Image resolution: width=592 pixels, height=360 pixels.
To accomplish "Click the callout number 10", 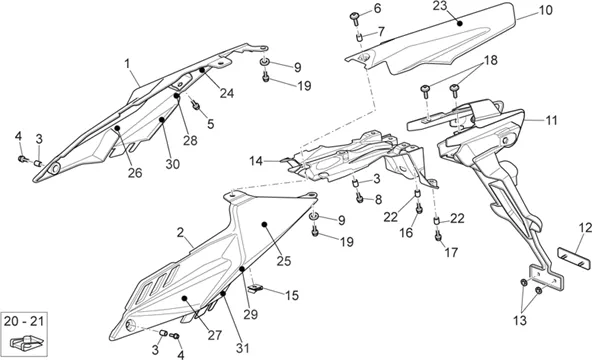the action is tap(545, 10).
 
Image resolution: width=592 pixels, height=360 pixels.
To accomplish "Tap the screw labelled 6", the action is tap(355, 17).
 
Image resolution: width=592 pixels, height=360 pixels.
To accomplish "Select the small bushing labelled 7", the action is tap(359, 37).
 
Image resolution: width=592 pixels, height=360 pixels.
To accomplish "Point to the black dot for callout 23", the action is tap(459, 23).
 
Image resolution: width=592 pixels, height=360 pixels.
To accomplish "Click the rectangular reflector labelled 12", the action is tap(574, 258).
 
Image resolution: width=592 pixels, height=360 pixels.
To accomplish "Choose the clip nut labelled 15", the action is tap(255, 289).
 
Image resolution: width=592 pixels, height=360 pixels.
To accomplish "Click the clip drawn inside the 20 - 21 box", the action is tap(27, 342).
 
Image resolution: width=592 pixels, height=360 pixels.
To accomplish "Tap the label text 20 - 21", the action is tap(24, 322).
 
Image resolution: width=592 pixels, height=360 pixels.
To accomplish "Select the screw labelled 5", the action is tap(195, 105).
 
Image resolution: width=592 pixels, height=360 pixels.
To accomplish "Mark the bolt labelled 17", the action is tap(438, 236).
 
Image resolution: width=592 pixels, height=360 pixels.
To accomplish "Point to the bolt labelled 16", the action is tap(419, 208).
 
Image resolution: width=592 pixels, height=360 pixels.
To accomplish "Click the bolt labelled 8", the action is tap(359, 197).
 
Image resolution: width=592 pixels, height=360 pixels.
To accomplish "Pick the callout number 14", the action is tap(256, 161).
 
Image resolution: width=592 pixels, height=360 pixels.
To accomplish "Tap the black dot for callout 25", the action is tap(264, 225).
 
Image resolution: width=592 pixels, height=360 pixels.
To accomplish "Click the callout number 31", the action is tap(243, 348).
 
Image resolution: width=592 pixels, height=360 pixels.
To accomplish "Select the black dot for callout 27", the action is tap(184, 298).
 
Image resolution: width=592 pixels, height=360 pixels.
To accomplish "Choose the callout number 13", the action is tap(520, 320).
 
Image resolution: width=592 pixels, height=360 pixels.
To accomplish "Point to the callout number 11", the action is tap(551, 120).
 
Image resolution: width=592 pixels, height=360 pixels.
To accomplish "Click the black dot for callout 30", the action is tap(162, 120).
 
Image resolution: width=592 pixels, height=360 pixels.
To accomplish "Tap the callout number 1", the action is tap(127, 63).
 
